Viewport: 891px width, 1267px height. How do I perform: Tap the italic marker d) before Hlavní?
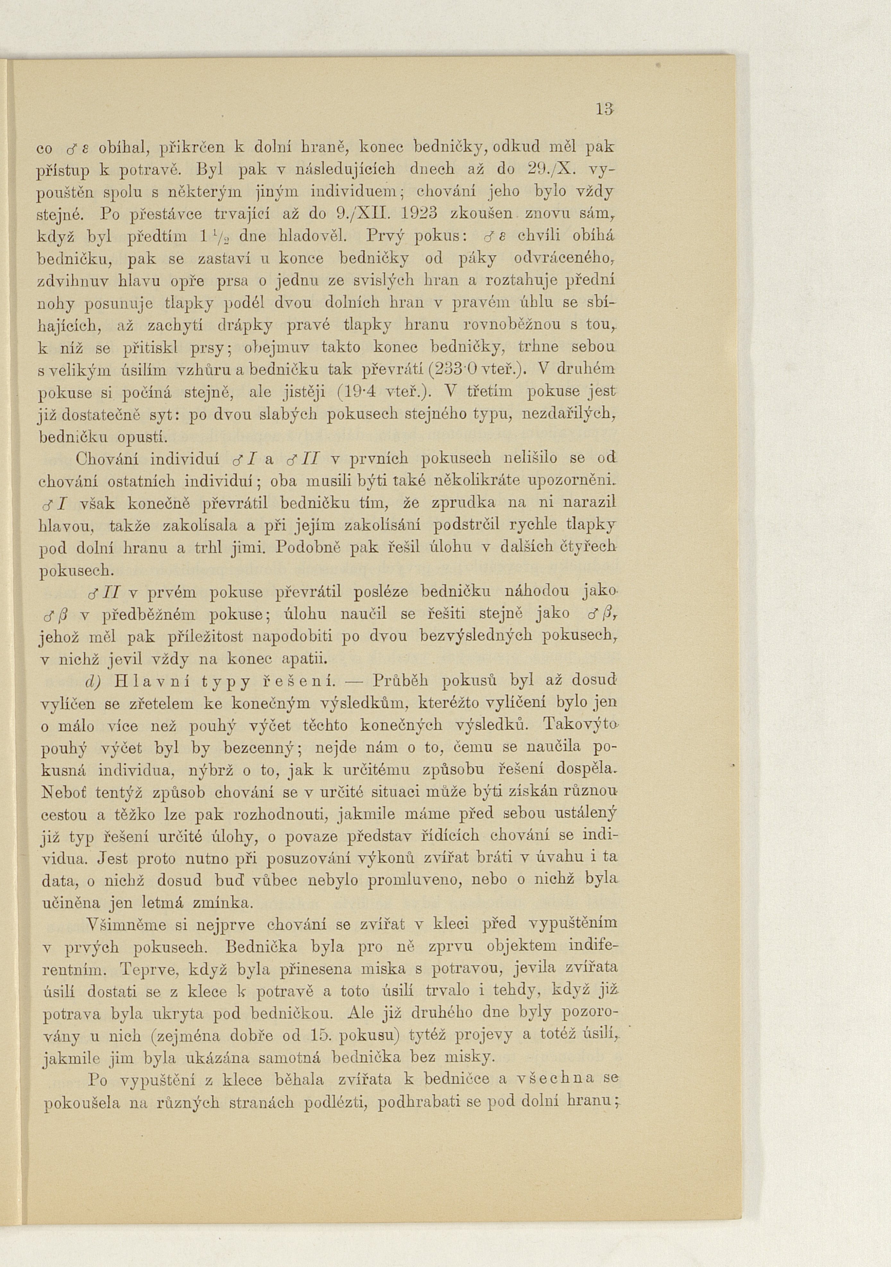click(97, 681)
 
